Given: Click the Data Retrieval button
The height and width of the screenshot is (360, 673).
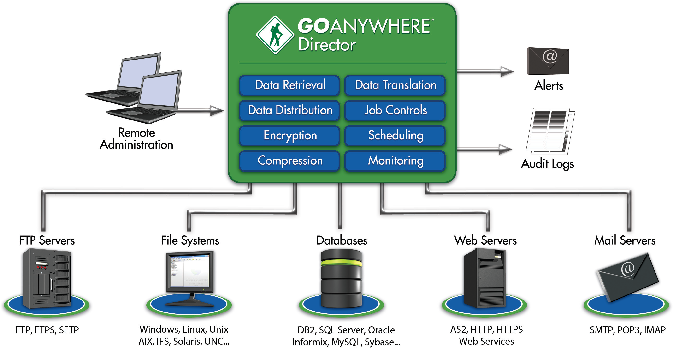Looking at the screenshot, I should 289,85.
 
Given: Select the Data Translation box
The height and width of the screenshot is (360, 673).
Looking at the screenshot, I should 395,85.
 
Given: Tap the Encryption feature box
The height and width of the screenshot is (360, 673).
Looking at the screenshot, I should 289,136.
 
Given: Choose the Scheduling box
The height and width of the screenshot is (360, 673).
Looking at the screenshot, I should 395,136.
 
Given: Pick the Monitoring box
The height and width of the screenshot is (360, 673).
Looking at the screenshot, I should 395,161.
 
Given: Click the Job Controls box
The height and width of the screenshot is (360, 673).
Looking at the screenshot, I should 395,110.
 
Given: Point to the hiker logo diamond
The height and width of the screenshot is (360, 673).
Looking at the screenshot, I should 275,35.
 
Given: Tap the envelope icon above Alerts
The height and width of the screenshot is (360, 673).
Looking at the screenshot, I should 548,61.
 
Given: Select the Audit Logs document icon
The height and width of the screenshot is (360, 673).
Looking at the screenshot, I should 550,131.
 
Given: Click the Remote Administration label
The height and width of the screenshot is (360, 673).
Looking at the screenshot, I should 136,139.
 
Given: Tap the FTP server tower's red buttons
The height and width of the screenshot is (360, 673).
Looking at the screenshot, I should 41,267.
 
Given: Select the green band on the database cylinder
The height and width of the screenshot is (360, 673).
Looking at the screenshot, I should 342,263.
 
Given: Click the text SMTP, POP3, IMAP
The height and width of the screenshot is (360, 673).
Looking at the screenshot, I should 627,330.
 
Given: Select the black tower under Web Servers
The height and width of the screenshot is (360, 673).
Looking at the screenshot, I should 484,278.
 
